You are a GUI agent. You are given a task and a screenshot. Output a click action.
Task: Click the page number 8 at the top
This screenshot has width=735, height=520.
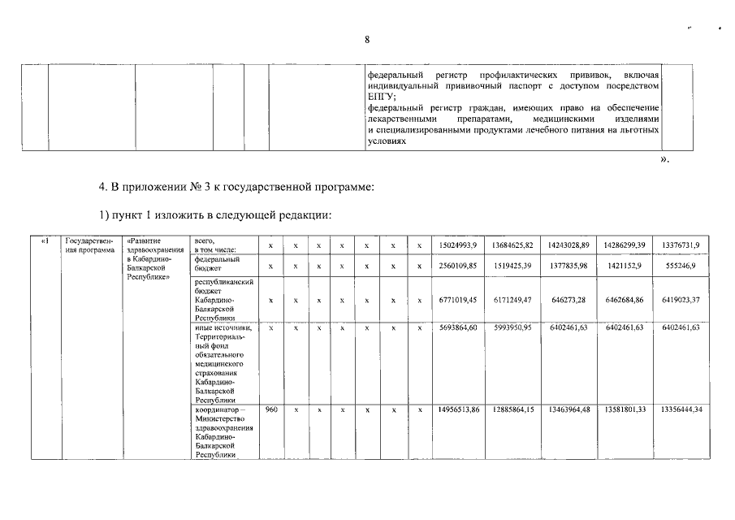pos(367,40)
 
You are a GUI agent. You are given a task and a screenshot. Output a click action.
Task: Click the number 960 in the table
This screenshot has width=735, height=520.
pos(272,409)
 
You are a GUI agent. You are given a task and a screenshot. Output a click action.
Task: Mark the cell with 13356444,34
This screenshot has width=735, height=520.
pos(681,409)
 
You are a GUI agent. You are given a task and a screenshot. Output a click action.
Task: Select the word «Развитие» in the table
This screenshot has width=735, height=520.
pos(145,241)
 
